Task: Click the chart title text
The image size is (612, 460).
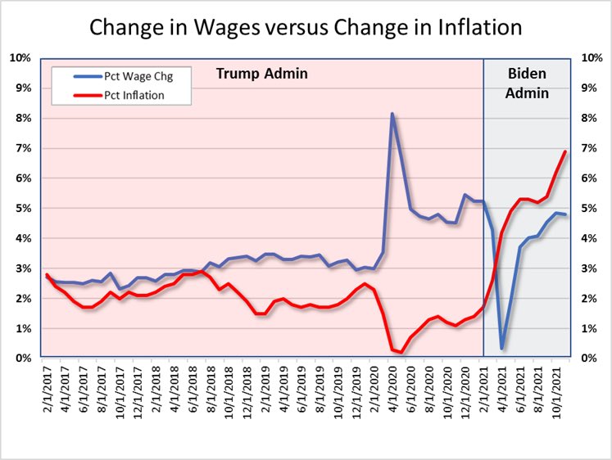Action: tap(306, 27)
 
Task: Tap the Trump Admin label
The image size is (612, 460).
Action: tap(261, 74)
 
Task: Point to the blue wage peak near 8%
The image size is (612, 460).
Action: tap(392, 115)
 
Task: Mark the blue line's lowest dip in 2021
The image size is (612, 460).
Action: tap(501, 348)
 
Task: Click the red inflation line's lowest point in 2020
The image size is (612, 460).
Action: tap(401, 353)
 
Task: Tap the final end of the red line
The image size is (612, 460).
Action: tap(565, 151)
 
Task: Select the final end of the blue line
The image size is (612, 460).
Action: tap(565, 214)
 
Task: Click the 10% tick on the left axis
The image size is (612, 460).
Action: tap(20, 57)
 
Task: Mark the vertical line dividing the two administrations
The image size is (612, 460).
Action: tap(483, 205)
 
